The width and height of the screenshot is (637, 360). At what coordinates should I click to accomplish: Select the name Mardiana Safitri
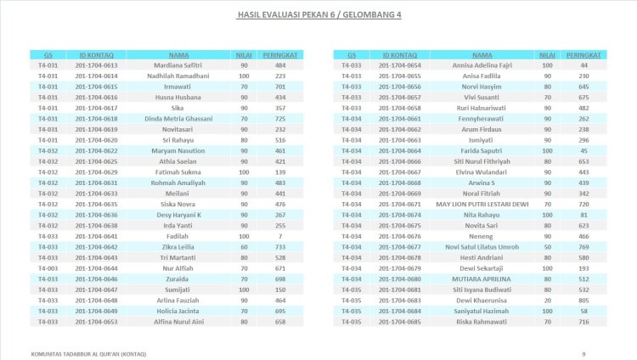[x=178, y=65]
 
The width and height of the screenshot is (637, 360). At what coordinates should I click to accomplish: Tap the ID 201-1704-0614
[x=96, y=76]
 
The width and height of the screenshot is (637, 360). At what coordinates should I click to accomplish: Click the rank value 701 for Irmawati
[x=279, y=87]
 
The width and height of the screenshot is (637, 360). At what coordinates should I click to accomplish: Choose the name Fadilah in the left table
[x=178, y=236]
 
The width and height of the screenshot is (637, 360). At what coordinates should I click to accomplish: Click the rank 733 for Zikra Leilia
[x=279, y=246]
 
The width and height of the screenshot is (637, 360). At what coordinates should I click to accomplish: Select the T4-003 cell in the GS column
[x=48, y=267]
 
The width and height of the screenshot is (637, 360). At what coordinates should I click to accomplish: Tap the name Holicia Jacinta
[x=178, y=311]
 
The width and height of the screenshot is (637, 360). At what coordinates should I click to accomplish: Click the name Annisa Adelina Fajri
[x=482, y=65]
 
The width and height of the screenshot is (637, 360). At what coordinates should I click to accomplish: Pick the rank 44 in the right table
[x=583, y=65]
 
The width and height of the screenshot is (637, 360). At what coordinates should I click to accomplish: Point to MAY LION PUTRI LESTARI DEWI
[x=482, y=204]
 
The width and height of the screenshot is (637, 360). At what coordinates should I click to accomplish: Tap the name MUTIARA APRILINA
[x=482, y=278]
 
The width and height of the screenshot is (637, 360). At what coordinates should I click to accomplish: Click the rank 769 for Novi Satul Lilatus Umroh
[x=583, y=246]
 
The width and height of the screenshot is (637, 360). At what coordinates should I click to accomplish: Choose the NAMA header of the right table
[x=482, y=54]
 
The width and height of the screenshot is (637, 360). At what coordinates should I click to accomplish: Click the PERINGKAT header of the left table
[x=279, y=54]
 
